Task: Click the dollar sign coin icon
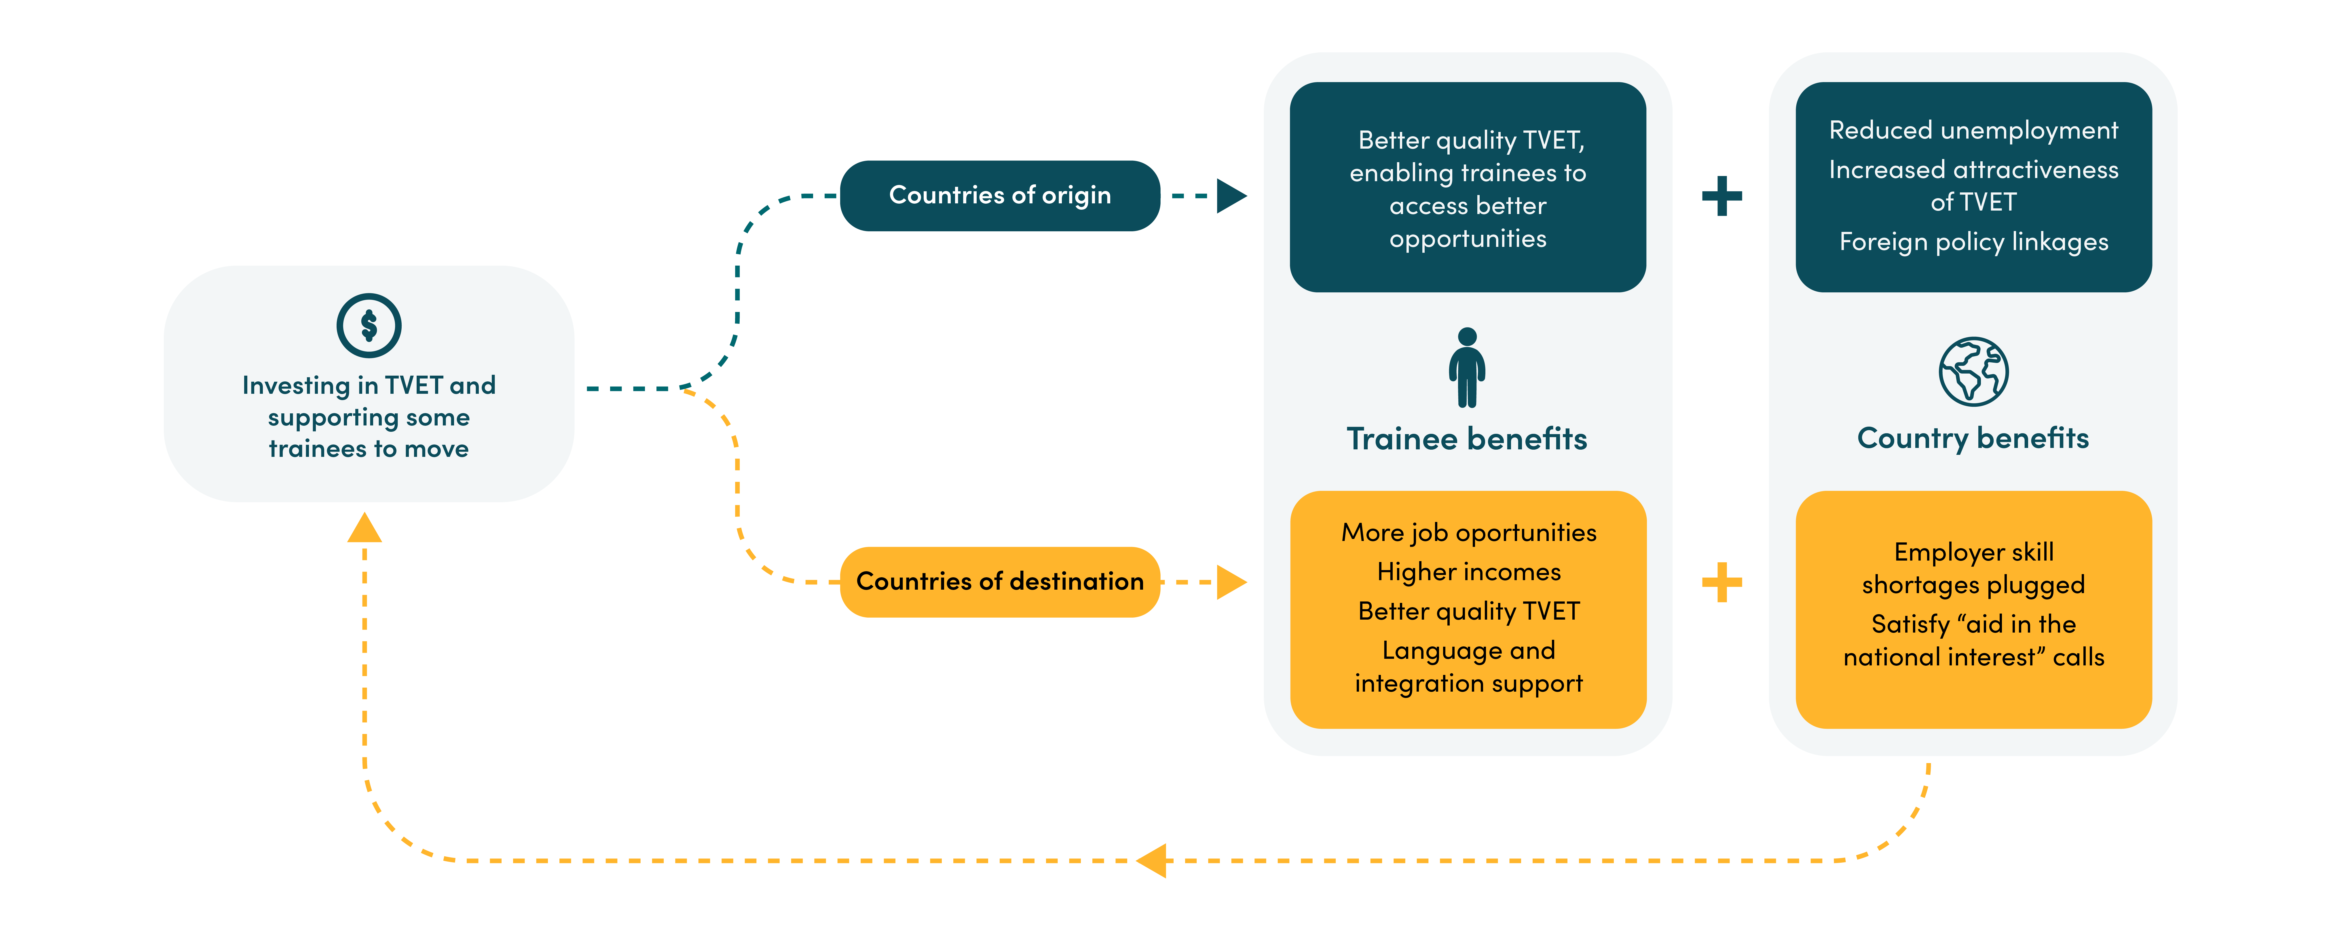pyautogui.click(x=369, y=325)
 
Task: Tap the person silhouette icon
pyautogui.click(x=1467, y=367)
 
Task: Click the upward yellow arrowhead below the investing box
pyautogui.click(x=364, y=528)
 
